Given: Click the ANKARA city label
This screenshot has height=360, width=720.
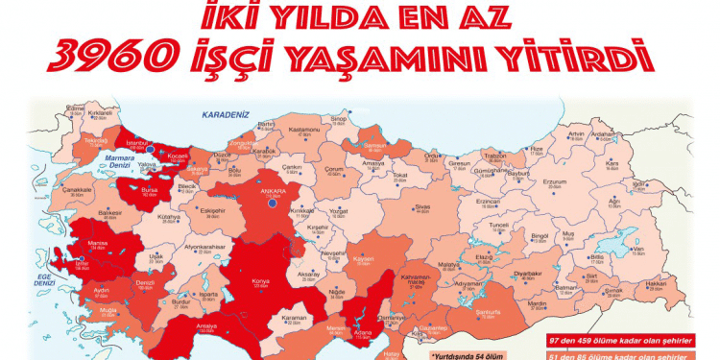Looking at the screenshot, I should [273, 189].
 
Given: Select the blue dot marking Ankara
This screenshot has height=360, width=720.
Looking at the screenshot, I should [273, 204].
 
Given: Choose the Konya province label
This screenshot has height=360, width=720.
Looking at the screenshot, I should [258, 281].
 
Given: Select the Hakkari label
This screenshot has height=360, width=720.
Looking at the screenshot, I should [657, 283].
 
